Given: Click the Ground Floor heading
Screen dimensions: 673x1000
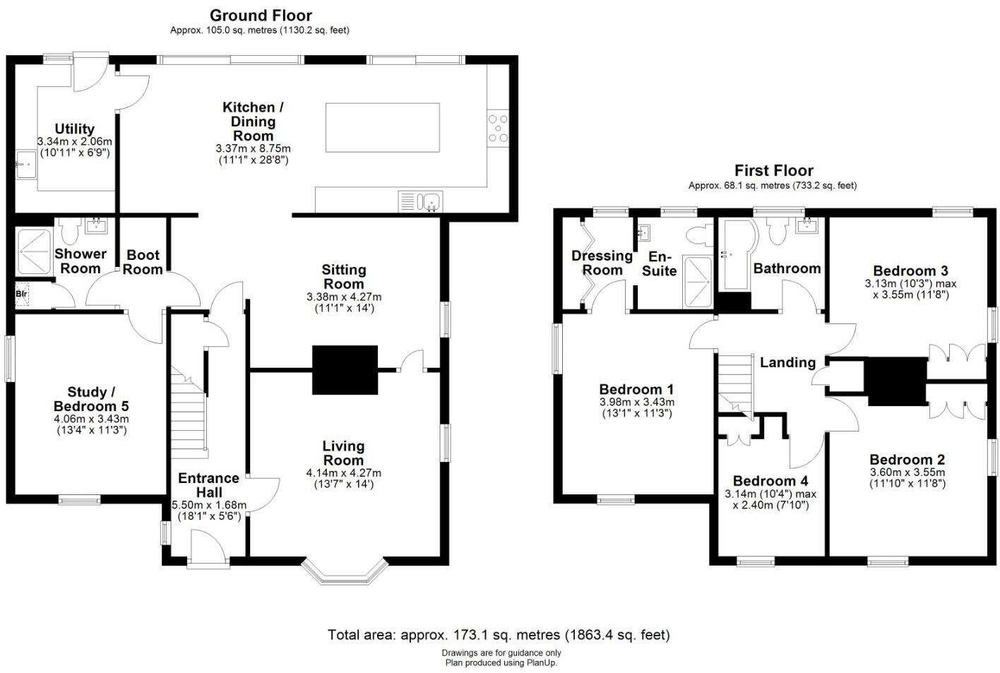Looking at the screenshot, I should coord(261,15).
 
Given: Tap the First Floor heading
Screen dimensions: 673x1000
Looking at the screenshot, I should coord(773,170).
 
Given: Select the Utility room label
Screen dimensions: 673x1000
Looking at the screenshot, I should coord(74,129).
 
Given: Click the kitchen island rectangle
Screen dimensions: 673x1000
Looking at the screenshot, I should coord(382,127).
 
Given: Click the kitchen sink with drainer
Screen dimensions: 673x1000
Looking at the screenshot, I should coord(419,201).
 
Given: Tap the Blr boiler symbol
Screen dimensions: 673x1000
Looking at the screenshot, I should coord(22,294).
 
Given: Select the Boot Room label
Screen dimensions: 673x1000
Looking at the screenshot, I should coord(143,262).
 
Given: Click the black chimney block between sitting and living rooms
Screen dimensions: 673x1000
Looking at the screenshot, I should coord(345,369).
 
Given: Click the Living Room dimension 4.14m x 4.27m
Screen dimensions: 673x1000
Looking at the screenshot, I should coord(343,472).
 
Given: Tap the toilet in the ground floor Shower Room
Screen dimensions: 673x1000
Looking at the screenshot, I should coord(70,230).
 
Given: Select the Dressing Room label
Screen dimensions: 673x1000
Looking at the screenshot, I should coord(602,262).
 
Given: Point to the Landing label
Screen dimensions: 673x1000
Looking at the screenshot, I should coord(787,362).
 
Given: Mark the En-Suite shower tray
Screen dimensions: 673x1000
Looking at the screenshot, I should coord(698,282).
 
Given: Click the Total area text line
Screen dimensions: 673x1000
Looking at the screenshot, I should coord(499,635).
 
